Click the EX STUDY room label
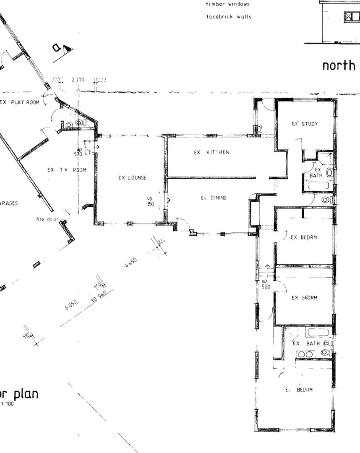[305, 124]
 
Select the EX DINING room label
[214, 198]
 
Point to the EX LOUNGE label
[132, 178]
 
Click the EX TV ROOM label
[67, 170]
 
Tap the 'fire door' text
[47, 219]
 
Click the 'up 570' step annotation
[78, 152]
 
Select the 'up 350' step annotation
[150, 201]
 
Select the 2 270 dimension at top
[78, 79]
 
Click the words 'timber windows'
[227, 4]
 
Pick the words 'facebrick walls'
[229, 17]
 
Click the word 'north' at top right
[339, 65]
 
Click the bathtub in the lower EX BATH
[318, 333]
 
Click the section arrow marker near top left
[61, 49]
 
